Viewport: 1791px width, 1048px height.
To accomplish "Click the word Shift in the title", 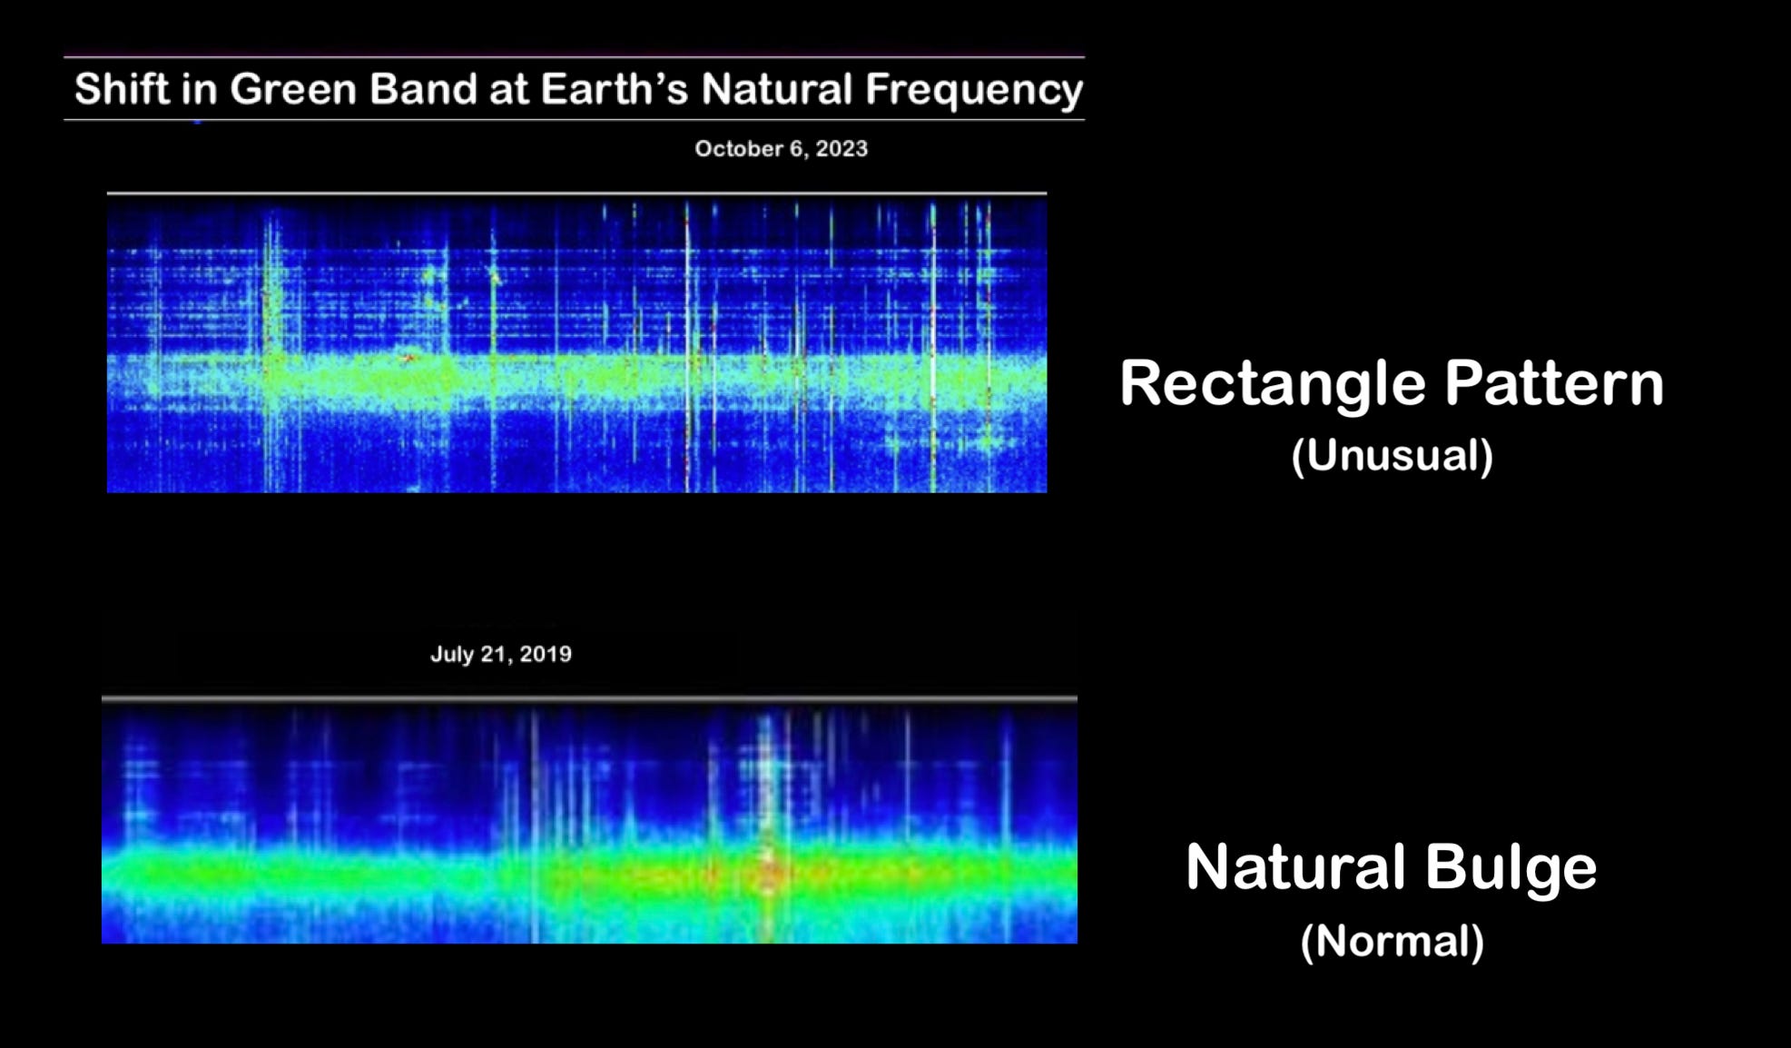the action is [x=122, y=89].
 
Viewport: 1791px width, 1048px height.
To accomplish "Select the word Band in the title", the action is [x=423, y=89].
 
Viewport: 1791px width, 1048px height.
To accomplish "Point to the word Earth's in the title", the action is [x=615, y=89].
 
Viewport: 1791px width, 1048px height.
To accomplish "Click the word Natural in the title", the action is [x=776, y=89].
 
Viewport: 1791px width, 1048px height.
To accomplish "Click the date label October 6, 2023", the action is [x=781, y=149].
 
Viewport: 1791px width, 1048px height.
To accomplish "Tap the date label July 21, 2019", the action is [x=501, y=655].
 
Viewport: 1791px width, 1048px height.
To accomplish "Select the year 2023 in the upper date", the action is [x=841, y=149].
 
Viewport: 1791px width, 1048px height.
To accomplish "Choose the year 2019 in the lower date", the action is [x=546, y=655].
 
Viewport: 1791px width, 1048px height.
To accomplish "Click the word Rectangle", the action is [x=1273, y=384].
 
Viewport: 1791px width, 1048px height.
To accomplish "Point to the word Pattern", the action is [x=1554, y=382].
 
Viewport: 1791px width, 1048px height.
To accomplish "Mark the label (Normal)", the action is [x=1392, y=942].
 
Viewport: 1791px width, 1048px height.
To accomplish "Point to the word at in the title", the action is [x=509, y=90].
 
